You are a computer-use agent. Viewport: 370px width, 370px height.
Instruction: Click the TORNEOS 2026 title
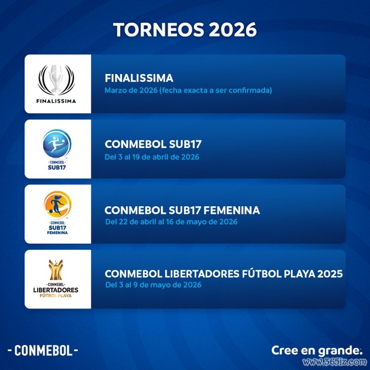click(x=185, y=30)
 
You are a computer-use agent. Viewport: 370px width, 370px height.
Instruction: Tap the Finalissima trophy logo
click(x=56, y=80)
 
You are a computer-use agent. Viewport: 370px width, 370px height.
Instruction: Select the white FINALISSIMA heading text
click(x=139, y=78)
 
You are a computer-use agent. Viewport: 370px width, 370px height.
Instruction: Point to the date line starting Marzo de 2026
click(x=188, y=90)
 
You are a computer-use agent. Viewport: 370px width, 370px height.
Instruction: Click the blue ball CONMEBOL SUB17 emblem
click(x=57, y=144)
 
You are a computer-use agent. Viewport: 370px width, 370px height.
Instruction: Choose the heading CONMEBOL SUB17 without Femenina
click(x=153, y=144)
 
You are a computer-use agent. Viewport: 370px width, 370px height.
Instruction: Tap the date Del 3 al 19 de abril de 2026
click(x=152, y=157)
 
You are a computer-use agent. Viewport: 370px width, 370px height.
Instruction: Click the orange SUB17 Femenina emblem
click(x=57, y=205)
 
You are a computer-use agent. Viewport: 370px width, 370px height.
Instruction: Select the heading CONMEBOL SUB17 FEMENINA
click(x=182, y=210)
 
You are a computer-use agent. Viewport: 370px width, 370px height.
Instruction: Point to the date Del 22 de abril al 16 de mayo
click(x=171, y=222)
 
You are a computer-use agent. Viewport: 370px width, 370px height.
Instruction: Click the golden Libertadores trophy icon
click(x=55, y=270)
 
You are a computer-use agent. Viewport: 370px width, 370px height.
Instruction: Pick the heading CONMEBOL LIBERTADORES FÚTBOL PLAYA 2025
click(x=224, y=274)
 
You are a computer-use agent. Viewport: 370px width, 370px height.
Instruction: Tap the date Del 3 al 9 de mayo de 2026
click(x=153, y=285)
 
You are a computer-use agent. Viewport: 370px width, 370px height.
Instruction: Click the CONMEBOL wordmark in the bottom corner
click(x=42, y=350)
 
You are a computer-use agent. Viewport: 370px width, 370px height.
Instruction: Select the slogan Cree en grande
click(x=317, y=350)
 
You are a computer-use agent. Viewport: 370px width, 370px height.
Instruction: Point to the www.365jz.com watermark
click(x=335, y=362)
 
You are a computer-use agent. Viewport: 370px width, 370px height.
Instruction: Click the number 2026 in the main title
click(x=233, y=30)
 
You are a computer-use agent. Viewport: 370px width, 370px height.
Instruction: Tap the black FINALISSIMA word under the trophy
click(x=56, y=101)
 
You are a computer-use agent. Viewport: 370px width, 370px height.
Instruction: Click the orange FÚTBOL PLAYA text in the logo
click(x=55, y=295)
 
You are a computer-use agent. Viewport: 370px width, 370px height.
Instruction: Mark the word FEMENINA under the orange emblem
click(x=57, y=233)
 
